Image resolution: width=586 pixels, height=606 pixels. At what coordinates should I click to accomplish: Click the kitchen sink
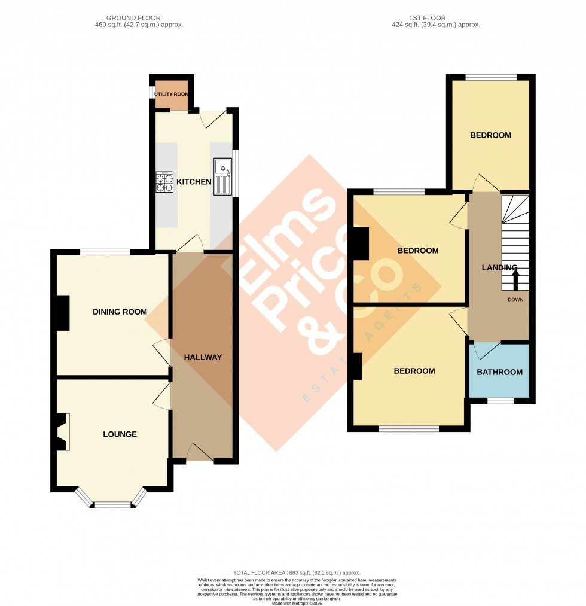(222, 176)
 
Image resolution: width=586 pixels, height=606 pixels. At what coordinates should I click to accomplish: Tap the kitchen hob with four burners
(164, 181)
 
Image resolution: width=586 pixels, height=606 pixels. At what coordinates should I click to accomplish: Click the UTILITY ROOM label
(171, 95)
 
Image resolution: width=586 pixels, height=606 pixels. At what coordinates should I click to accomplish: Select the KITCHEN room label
(194, 182)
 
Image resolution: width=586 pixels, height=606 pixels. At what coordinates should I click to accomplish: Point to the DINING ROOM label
(120, 312)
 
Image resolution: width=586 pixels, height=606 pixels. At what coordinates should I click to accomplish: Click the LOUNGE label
(120, 434)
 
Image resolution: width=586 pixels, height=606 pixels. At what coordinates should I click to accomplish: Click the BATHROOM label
(499, 372)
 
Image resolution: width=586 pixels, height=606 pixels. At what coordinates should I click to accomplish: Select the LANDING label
(499, 267)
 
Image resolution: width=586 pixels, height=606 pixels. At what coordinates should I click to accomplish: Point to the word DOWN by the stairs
(515, 299)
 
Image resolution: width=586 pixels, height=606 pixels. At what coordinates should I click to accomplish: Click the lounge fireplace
(62, 432)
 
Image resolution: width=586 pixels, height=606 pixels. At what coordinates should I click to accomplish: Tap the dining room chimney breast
(62, 313)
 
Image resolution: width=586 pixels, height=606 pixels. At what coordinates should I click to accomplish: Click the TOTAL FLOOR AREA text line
(297, 572)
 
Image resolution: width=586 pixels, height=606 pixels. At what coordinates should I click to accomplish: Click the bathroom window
(500, 401)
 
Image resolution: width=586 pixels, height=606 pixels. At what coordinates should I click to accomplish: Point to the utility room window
(151, 95)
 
